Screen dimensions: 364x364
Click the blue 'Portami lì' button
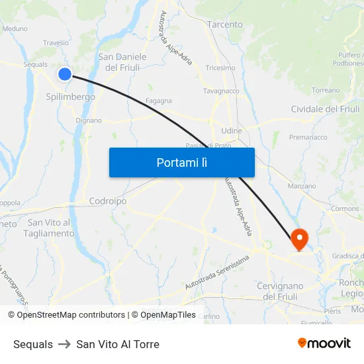click(x=181, y=162)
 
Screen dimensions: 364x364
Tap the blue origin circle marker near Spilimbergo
click(x=65, y=74)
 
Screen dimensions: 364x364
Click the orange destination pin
click(x=299, y=238)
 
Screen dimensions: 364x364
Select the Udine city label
click(x=232, y=131)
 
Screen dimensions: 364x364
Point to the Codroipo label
click(x=108, y=201)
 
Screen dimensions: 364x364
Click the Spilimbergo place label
click(x=70, y=97)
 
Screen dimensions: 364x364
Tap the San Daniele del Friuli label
click(x=122, y=62)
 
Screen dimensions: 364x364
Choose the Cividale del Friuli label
click(x=325, y=109)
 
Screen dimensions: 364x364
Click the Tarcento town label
click(x=225, y=24)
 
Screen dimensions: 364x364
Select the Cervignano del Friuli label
click(x=279, y=291)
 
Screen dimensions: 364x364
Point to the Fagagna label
click(x=159, y=101)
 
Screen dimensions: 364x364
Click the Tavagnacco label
click(x=221, y=91)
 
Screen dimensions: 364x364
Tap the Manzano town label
click(x=302, y=187)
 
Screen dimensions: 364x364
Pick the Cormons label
click(x=345, y=208)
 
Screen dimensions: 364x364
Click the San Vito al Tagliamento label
click(x=49, y=228)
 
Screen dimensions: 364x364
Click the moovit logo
click(x=324, y=343)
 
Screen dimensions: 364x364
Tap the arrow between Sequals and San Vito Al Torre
click(x=64, y=344)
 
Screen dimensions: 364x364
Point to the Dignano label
click(x=89, y=121)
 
